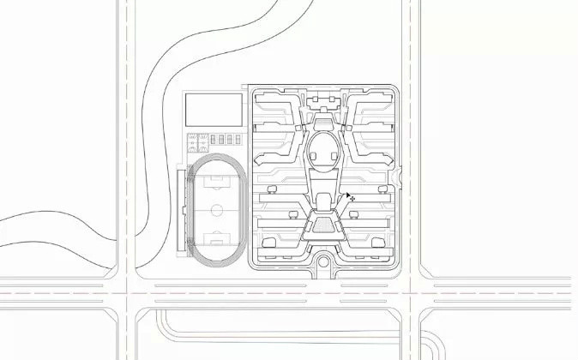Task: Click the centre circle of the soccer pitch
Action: point(217,208)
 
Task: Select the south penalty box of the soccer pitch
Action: point(217,239)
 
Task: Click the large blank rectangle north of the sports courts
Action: point(214,111)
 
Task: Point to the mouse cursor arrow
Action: point(350,197)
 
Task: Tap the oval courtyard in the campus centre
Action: point(324,149)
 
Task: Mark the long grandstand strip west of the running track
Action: point(180,210)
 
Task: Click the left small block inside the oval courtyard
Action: point(315,156)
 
